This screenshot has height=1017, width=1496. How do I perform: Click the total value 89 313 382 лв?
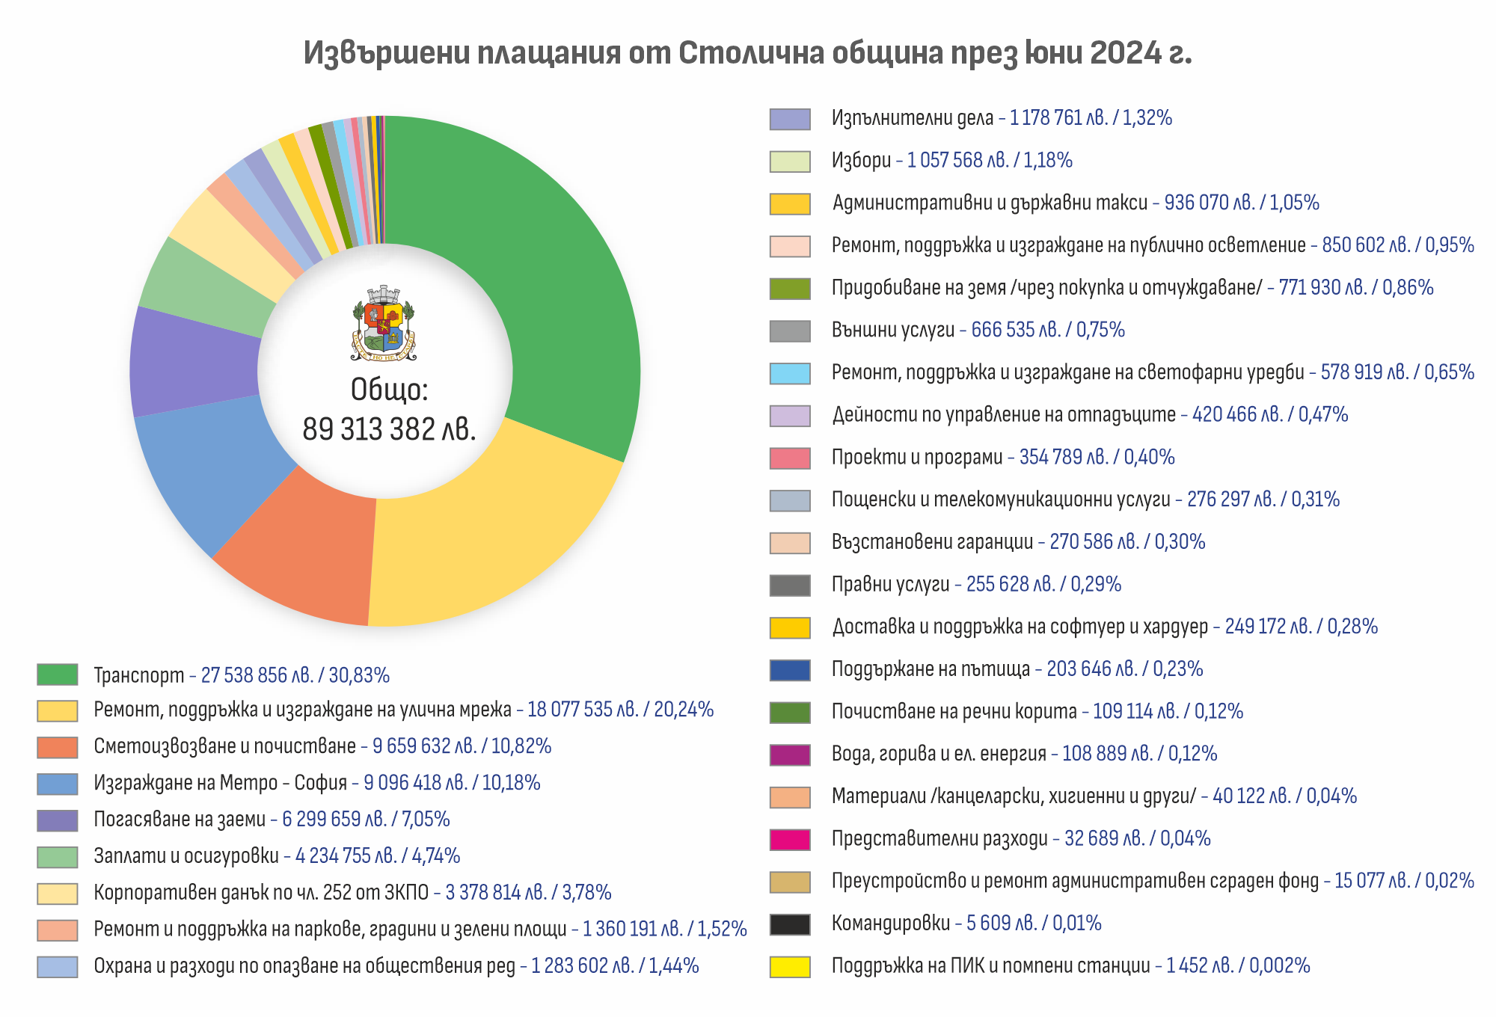point(389,429)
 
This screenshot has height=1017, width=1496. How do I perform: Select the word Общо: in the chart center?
point(389,390)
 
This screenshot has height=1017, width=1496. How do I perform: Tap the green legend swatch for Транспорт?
point(58,675)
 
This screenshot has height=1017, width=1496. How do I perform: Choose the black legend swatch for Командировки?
point(790,924)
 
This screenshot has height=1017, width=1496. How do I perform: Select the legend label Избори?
point(861,161)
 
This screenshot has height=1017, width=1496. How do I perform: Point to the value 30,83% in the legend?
point(359,675)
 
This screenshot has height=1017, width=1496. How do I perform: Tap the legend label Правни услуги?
point(890,585)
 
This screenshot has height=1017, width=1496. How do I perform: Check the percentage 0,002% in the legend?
point(1280,966)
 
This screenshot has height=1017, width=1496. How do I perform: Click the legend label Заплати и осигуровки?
point(186,856)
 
